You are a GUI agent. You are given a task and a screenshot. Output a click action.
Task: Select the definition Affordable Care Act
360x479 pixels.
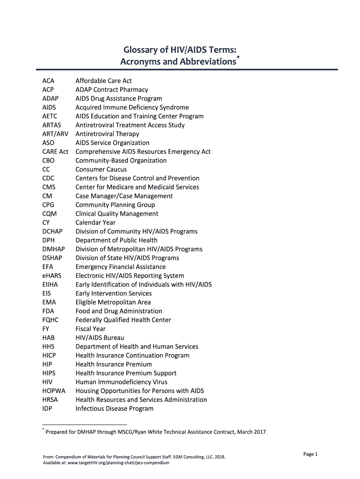tap(103, 81)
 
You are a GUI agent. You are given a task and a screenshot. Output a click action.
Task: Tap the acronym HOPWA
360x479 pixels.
tap(54, 391)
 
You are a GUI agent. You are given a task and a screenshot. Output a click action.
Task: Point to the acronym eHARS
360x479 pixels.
tap(51, 276)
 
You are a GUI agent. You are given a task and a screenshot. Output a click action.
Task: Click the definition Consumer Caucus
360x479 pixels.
tap(101, 169)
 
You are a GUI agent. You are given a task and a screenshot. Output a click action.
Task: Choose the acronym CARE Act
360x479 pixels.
tap(55, 152)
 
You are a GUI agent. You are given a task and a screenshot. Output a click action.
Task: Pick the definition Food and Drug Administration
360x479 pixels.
tap(119, 311)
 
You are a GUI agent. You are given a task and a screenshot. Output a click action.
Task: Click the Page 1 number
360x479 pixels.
tap(310, 454)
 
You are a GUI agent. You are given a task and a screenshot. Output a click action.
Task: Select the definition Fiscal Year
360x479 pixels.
tap(90, 329)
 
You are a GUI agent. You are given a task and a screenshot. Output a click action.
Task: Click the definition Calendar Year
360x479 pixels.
tap(95, 223)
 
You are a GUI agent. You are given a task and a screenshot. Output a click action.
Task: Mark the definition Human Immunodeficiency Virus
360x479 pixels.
tap(121, 382)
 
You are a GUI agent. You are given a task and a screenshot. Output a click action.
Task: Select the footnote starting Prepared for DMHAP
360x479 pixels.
tap(156, 432)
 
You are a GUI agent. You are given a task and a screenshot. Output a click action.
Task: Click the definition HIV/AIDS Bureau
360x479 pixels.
tap(100, 338)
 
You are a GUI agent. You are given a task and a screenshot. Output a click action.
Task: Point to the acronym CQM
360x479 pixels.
tap(49, 214)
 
